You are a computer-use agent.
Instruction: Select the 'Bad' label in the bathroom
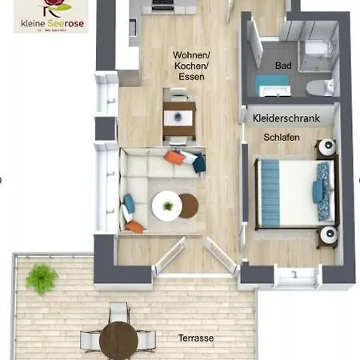click(x=283, y=66)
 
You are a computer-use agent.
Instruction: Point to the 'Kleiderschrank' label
click(x=286, y=118)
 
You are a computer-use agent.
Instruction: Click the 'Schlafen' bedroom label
click(x=282, y=138)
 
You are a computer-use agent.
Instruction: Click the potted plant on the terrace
click(x=41, y=278)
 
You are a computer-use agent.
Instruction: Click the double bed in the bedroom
click(x=290, y=190)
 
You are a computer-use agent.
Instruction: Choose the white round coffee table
click(x=166, y=206)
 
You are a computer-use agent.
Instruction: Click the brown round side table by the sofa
click(x=189, y=206)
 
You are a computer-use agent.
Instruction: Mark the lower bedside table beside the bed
click(x=326, y=235)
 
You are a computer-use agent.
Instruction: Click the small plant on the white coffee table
click(x=167, y=206)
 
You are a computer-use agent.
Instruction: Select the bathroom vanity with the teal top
click(x=268, y=84)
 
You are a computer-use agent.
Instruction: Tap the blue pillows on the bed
click(x=322, y=190)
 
